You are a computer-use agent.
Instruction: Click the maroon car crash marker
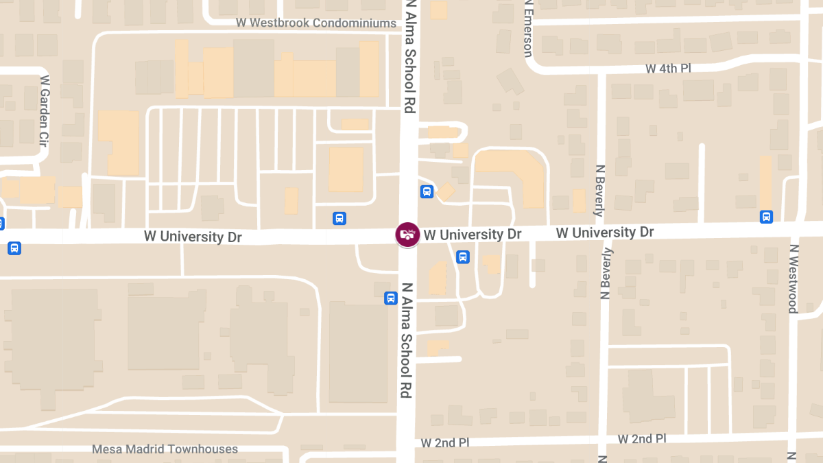pos(407,235)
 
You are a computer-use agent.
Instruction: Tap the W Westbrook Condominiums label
pos(316,23)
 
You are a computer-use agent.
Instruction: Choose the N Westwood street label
pos(793,278)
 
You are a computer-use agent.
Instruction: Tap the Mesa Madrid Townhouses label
pos(165,449)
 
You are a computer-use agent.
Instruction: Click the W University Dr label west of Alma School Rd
pos(193,237)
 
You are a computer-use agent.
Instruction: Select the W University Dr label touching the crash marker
pos(473,235)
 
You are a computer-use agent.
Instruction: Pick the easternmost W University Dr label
pos(605,233)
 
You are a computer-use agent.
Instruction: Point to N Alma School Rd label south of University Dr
pos(407,340)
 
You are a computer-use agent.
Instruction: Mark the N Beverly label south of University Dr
pos(605,274)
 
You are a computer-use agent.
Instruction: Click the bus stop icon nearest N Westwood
pos(766,217)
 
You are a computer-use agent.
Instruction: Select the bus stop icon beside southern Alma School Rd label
pos(390,298)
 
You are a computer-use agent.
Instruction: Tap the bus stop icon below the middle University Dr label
pos(463,257)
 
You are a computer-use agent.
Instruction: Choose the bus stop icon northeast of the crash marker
pos(427,192)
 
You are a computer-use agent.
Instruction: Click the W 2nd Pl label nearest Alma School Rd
pos(446,442)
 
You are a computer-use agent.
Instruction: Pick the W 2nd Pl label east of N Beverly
pos(642,438)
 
